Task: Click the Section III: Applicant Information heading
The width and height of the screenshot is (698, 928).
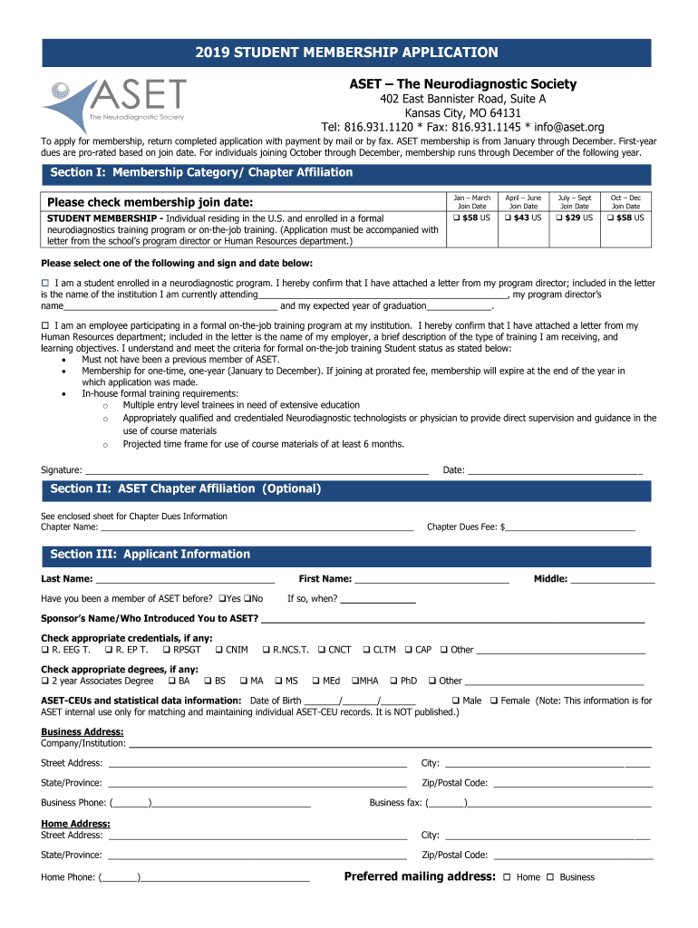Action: coord(150,554)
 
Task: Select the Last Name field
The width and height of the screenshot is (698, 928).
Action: coord(185,578)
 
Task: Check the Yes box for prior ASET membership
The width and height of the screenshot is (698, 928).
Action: coord(222,598)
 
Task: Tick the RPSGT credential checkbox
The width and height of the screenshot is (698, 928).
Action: coord(166,649)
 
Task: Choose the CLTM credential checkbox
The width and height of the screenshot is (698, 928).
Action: coord(366,649)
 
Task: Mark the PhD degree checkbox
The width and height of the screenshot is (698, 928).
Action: coord(393,681)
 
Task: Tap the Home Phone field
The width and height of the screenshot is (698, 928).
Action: coord(224,876)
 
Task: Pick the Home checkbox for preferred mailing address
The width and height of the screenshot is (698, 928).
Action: coord(507,877)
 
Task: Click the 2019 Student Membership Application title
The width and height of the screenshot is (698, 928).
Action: coord(348,53)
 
